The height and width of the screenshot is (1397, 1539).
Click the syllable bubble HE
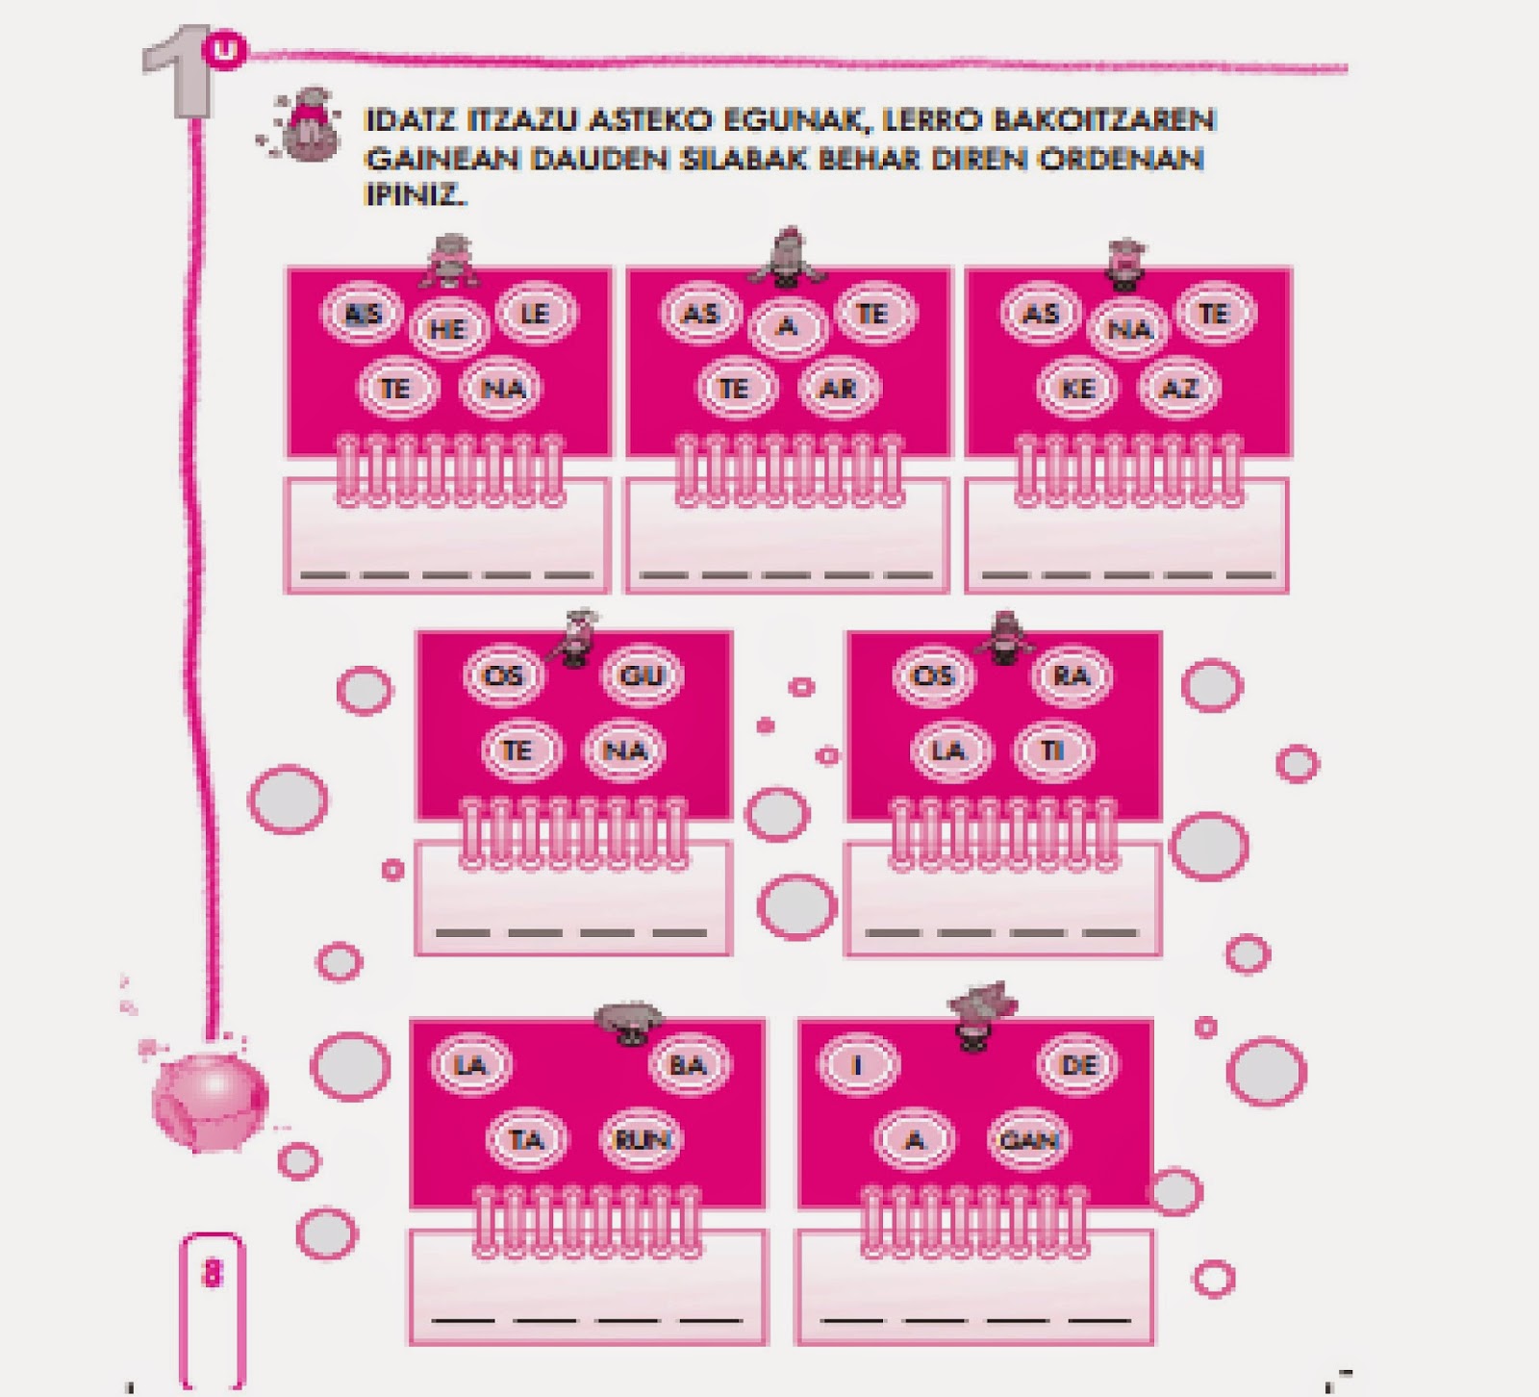448,329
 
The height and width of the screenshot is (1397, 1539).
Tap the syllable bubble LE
535,314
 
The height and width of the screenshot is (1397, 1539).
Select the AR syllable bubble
838,388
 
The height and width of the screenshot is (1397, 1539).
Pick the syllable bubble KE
1077,388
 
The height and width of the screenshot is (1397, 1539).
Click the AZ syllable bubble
1179,388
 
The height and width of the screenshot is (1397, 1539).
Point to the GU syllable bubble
642,675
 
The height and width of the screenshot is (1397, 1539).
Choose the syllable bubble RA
1071,675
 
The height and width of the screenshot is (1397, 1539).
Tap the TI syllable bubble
1053,750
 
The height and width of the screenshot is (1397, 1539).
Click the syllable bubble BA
688,1065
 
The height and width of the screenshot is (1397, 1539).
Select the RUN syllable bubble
641,1140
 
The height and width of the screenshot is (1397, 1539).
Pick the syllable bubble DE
1078,1064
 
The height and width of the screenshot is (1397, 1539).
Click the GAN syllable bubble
1029,1140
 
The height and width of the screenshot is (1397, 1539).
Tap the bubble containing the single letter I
858,1065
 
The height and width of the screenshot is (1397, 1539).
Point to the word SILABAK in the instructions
744,159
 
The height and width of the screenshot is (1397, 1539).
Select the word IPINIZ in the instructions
415,194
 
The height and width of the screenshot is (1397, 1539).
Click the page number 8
212,1273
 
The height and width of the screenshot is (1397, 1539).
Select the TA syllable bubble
526,1140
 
